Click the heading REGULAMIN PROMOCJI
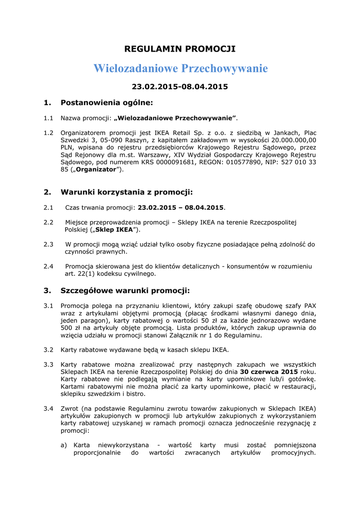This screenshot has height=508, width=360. pos(180,49)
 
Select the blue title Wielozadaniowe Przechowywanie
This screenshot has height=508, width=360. pos(180,68)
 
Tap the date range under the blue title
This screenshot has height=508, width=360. pos(180,86)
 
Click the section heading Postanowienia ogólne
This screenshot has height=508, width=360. pos(107,103)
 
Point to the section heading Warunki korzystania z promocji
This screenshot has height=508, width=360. pos(126,192)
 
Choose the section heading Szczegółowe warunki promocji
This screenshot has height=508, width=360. pos(125,290)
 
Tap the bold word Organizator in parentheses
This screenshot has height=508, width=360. pos(97,170)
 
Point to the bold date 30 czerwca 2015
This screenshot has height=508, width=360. pos(269,372)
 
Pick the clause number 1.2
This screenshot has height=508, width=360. pos(48,133)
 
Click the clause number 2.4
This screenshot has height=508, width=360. pos(48,266)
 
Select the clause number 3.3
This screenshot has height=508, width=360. pos(48,364)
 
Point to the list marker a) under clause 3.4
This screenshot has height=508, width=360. pos(64,445)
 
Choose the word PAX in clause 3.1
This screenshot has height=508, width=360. pos(310,306)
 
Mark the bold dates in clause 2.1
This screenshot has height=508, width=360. pos(181,207)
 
